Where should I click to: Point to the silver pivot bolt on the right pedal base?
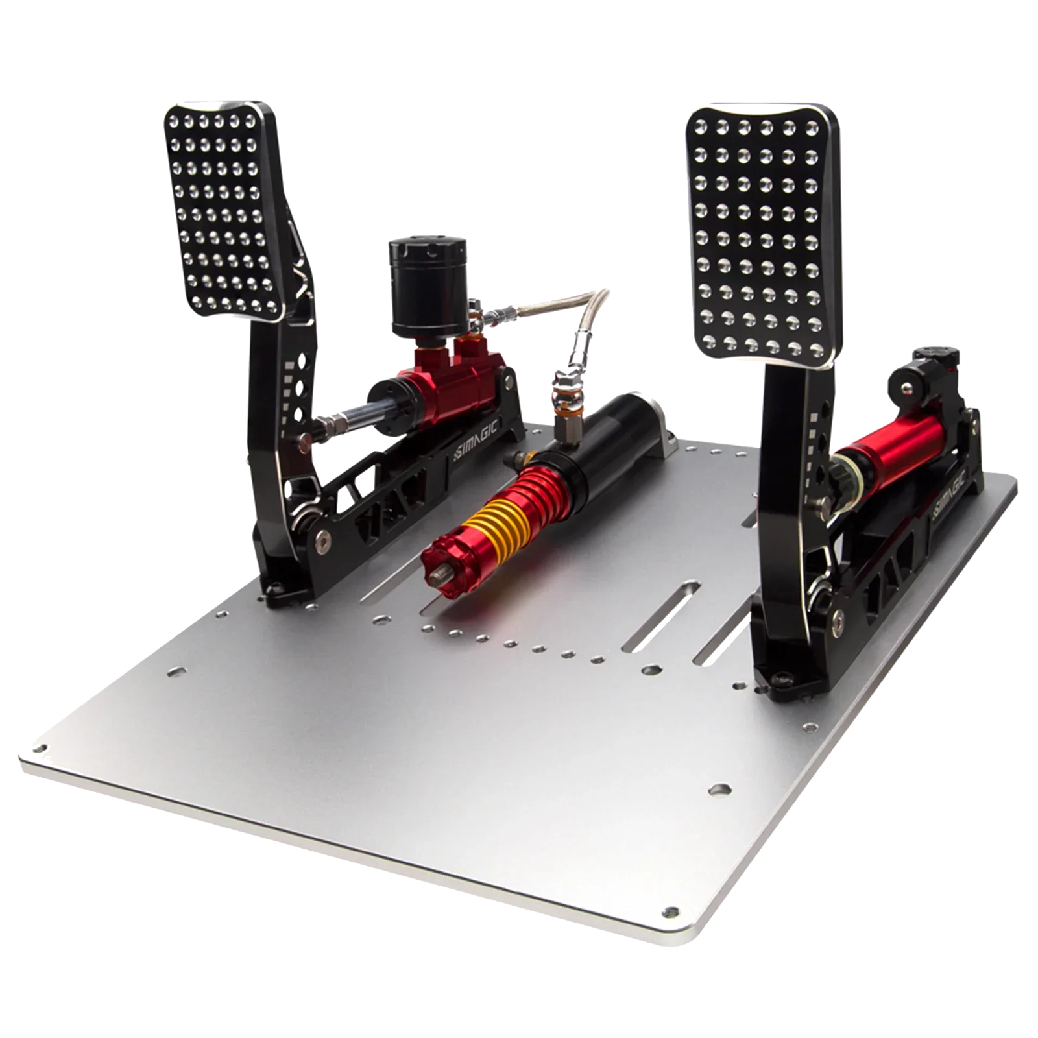click(x=839, y=615)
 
